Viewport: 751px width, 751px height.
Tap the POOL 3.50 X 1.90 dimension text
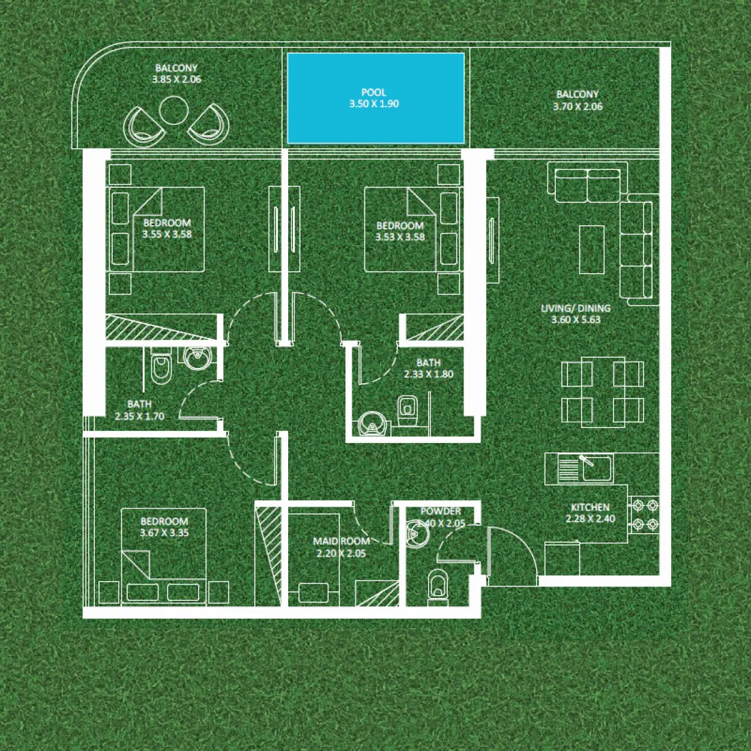[x=374, y=104]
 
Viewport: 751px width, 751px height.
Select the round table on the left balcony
[x=173, y=110]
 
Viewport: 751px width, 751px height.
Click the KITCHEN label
[x=591, y=507]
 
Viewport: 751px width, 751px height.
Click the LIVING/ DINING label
[x=576, y=308]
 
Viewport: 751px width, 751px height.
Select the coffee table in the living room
[x=592, y=249]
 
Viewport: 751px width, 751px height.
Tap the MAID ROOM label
[x=341, y=541]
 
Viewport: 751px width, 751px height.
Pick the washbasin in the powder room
[x=416, y=533]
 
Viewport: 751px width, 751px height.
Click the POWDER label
[x=441, y=511]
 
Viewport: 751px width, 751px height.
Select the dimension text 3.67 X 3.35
[x=164, y=533]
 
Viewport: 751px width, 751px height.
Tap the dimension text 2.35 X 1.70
[x=139, y=416]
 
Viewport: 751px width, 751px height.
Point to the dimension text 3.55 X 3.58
[x=167, y=234]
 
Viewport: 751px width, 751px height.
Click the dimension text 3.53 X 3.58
[x=400, y=237]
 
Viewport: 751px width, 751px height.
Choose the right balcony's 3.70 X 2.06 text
[x=578, y=107]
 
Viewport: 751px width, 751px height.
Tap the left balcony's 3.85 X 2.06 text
[x=176, y=79]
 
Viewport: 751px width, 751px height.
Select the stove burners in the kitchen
[x=644, y=515]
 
